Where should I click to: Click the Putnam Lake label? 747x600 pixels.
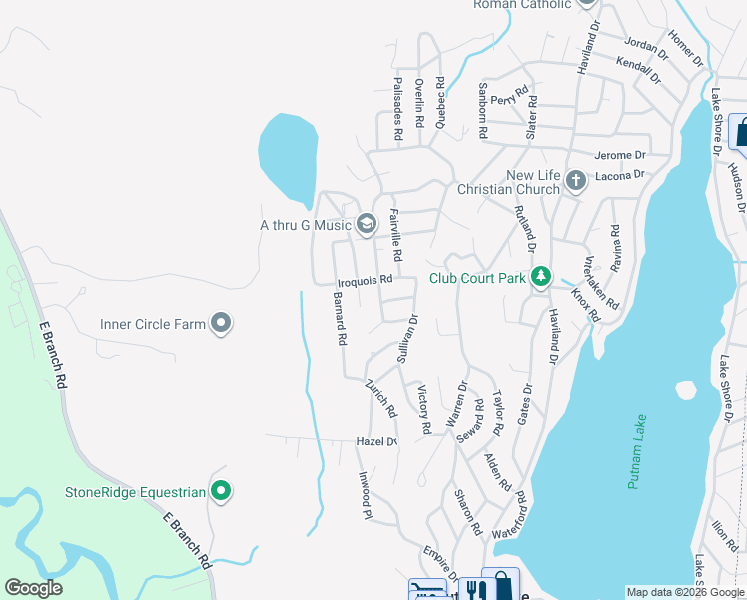pos(637,451)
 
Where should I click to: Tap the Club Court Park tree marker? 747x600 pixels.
pos(541,276)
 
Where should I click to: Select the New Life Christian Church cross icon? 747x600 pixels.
pos(575,181)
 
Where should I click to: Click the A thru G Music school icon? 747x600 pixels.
pos(367,224)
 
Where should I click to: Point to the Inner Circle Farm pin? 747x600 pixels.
pos(222,323)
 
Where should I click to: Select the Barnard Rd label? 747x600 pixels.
pos(340,319)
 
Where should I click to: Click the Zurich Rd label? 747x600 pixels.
pos(380,397)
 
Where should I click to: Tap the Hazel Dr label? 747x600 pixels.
pos(376,441)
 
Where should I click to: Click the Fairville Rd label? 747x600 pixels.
pos(396,235)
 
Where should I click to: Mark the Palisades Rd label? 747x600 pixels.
pos(397,108)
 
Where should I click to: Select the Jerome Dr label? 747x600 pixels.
pos(620,155)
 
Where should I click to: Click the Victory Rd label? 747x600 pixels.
pos(423,409)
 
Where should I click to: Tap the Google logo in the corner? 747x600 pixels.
pos(33,588)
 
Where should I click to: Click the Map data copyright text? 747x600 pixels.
pos(685,592)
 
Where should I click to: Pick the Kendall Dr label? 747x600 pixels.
pos(639,68)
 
